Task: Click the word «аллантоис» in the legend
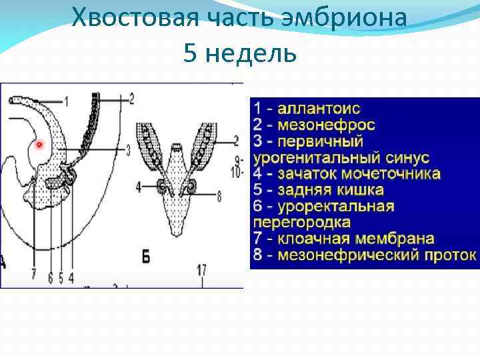point(319,109)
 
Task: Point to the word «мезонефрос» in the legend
point(326,125)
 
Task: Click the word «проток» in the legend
point(451,255)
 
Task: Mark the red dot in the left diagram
point(39,145)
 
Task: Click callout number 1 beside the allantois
point(67,101)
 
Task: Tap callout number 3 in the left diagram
point(129,149)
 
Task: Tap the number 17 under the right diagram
point(201,270)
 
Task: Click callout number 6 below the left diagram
point(51,278)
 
